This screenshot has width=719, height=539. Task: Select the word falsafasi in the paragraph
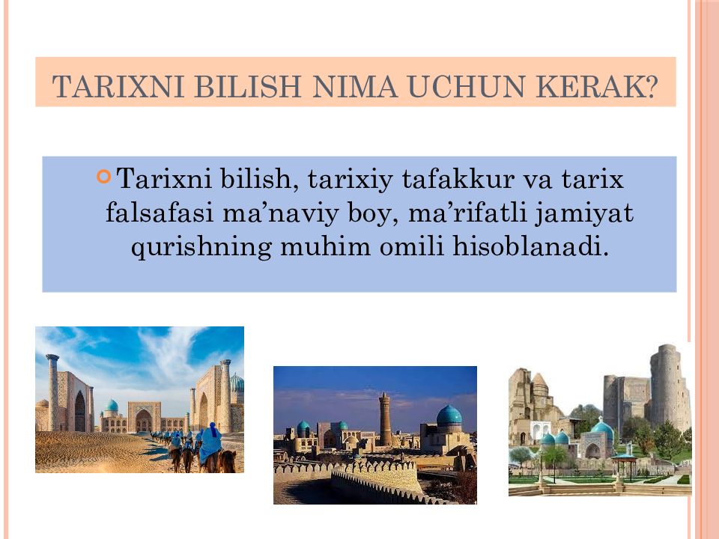(159, 213)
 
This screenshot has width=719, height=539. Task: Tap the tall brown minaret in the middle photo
(385, 419)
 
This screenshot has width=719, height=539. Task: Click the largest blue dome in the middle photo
(449, 416)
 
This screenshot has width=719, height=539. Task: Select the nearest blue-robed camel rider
(211, 443)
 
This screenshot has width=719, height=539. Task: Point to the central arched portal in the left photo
(143, 419)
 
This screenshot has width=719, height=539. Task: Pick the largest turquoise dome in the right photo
(601, 431)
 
